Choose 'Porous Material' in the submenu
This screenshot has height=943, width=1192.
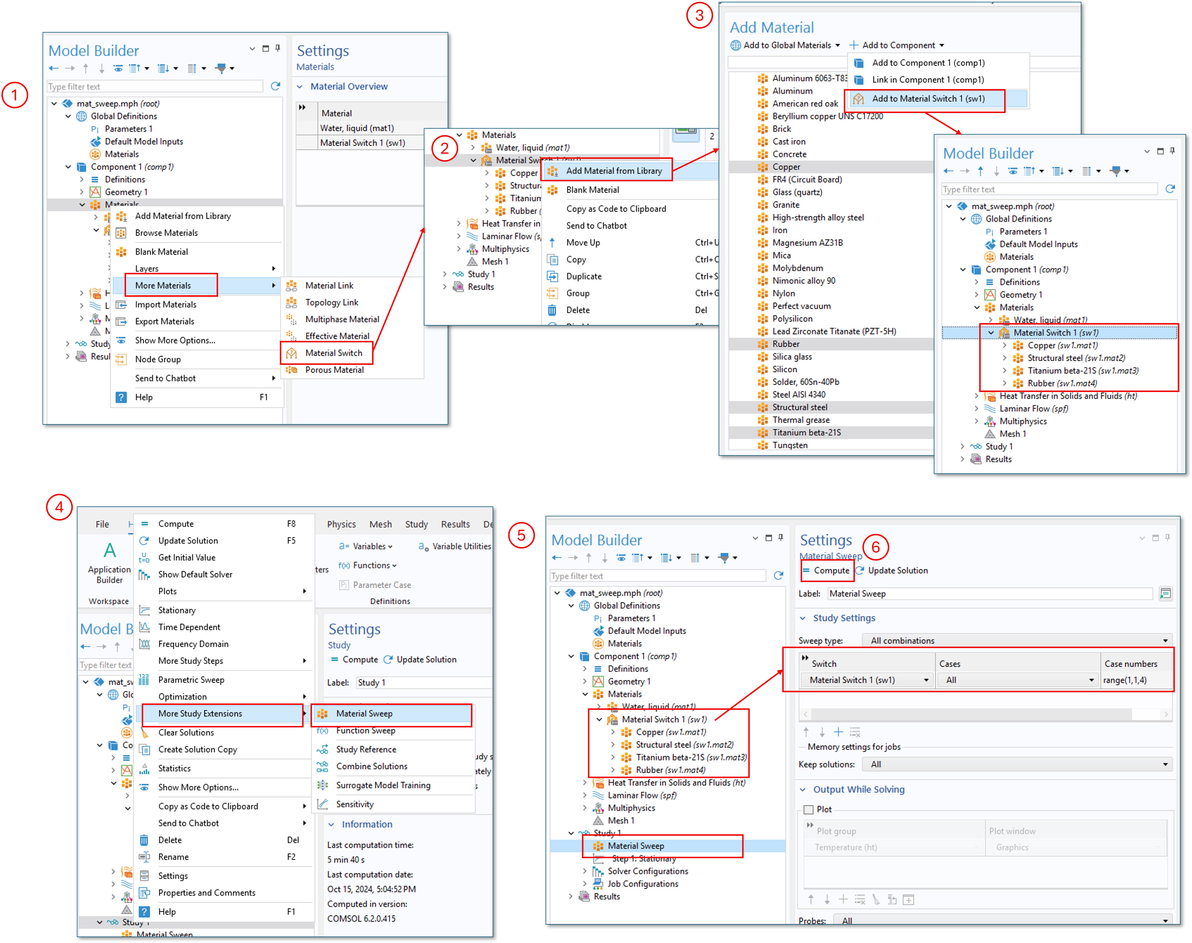334,370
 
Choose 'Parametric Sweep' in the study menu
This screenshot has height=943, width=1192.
191,680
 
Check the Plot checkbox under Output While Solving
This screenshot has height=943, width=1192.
808,809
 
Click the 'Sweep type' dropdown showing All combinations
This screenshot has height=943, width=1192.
1017,641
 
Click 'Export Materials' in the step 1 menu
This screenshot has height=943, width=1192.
165,321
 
